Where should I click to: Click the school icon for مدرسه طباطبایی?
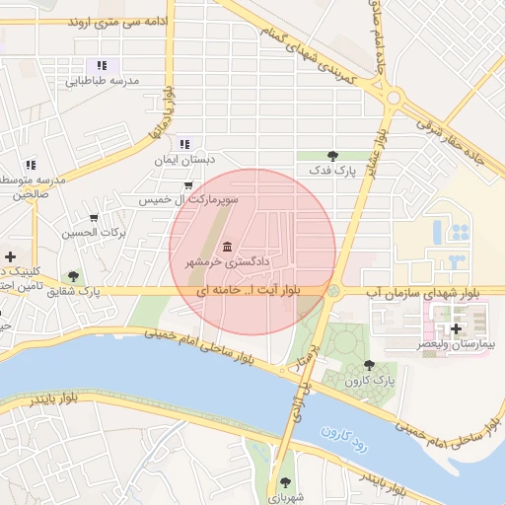point(102,65)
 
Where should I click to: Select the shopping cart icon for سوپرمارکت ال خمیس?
point(187,184)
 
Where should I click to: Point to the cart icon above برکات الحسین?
point(95,218)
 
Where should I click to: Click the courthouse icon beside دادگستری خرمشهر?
point(228,247)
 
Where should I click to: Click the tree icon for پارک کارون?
point(369,365)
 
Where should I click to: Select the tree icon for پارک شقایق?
point(73,276)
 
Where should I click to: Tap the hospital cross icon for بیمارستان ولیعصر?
point(455,326)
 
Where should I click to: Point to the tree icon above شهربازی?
point(285,482)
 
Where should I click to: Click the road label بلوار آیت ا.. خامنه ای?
point(247,292)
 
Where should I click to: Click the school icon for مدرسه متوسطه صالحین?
point(30,164)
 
